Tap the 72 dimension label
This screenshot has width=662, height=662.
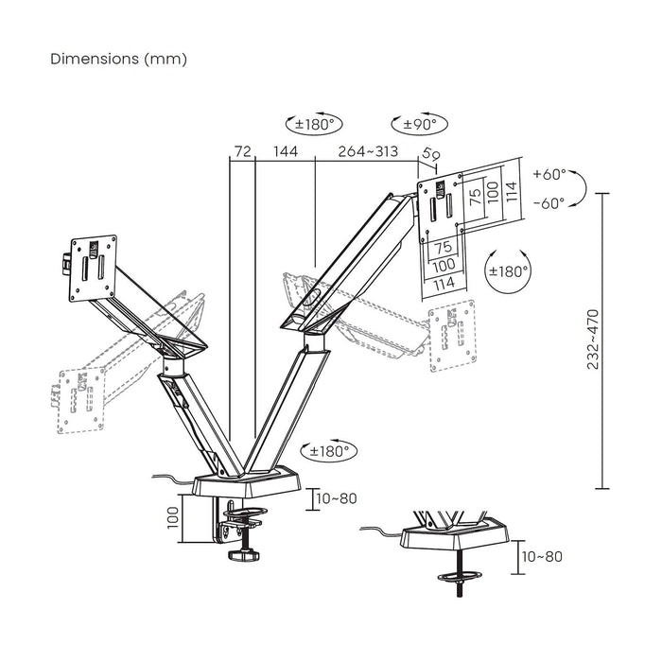[x=243, y=151]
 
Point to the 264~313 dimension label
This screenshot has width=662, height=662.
[x=369, y=151]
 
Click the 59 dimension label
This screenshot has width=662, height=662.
[x=431, y=154]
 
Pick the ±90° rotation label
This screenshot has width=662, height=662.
[x=419, y=124]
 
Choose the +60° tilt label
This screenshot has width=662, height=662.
[x=549, y=175]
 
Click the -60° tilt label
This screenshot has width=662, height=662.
[x=549, y=202]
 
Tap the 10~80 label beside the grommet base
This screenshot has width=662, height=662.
[x=542, y=556]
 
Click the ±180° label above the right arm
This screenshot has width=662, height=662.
[x=312, y=124]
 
